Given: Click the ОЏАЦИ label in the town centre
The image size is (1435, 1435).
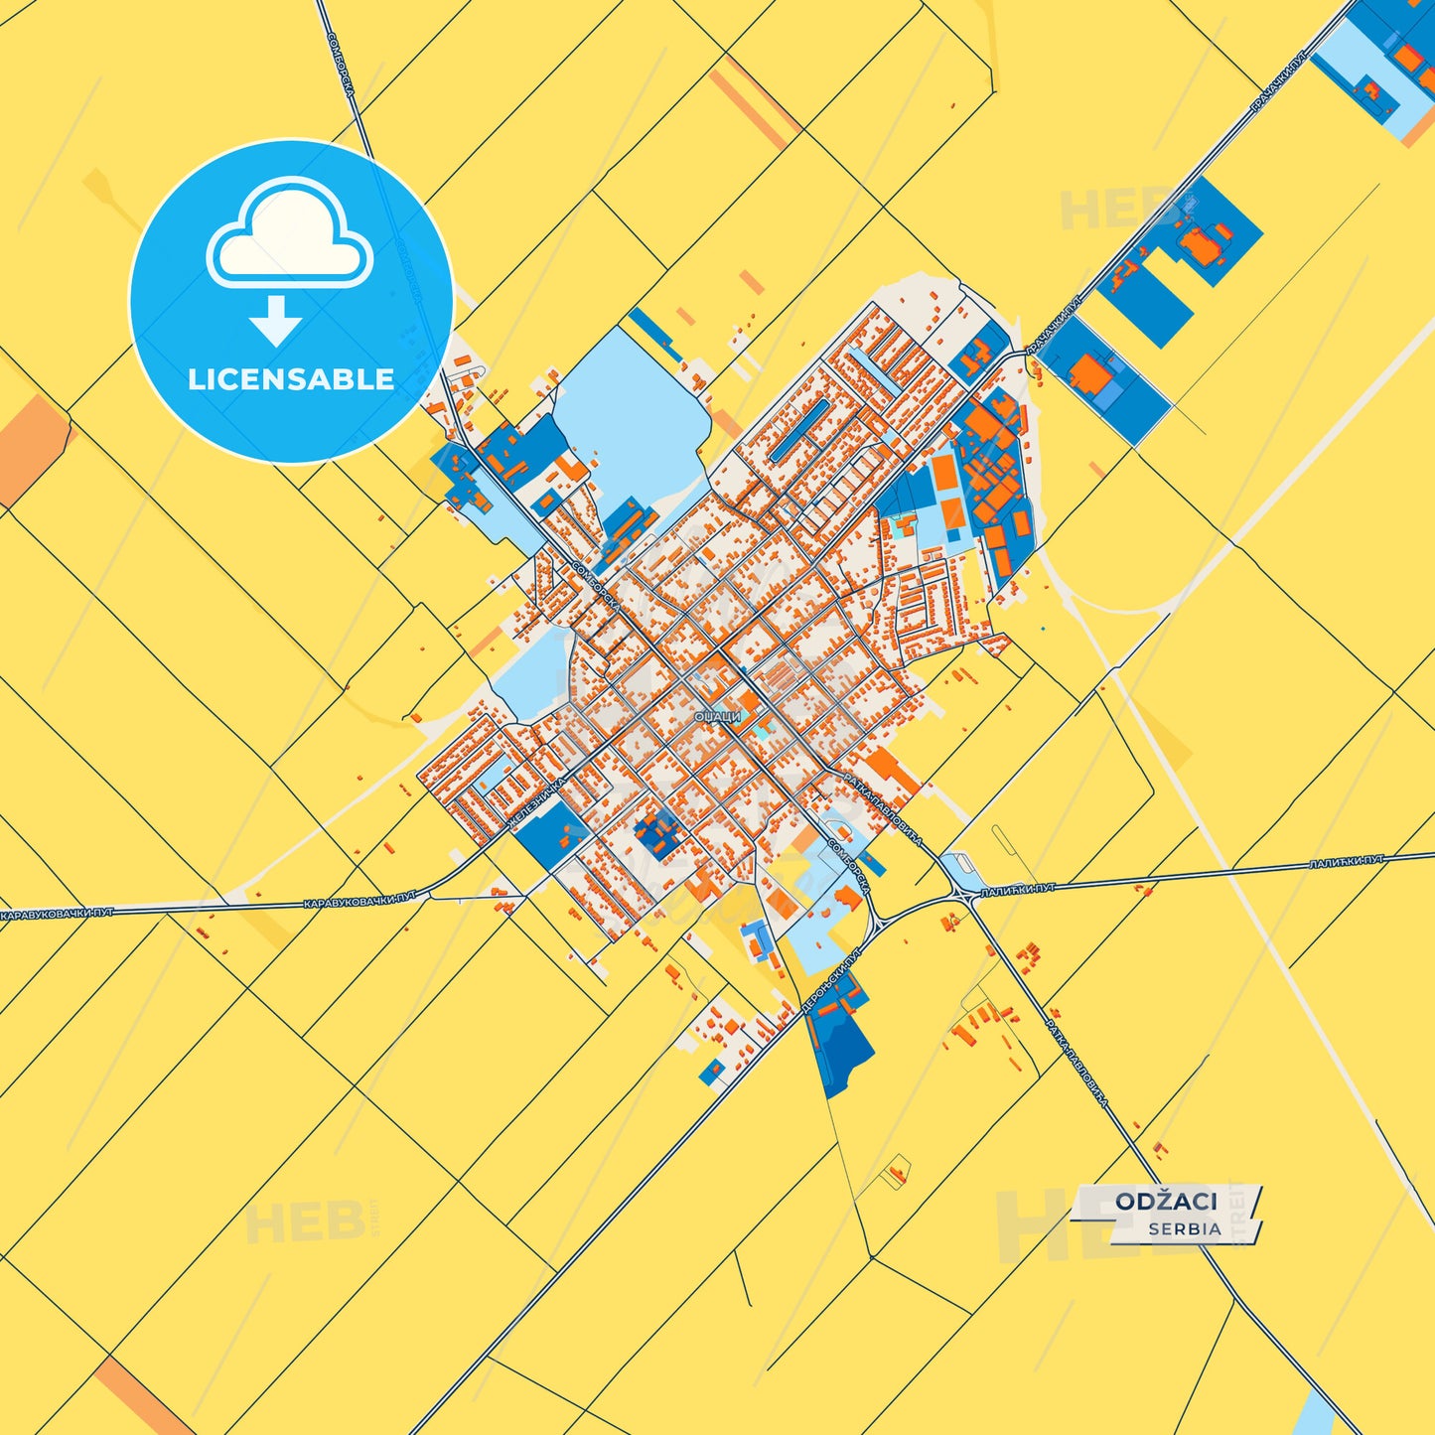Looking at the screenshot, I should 717,716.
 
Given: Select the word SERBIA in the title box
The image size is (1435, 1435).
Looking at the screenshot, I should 1185,1228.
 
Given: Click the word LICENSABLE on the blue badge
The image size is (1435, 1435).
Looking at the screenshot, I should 291,379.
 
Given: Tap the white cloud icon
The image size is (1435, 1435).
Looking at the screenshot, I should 289,234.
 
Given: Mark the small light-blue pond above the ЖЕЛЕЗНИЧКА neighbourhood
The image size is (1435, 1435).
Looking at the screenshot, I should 531,670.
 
